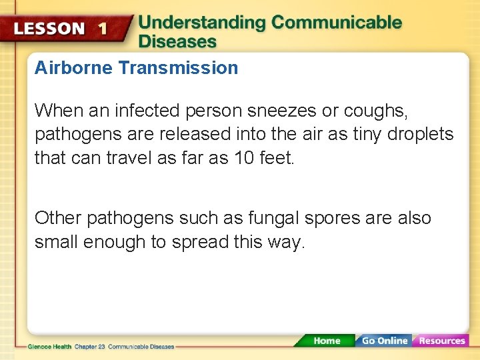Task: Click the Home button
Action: click(326, 341)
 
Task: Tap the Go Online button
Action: click(384, 341)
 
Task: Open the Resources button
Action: click(441, 341)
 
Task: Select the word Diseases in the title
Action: click(177, 41)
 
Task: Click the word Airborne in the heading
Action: click(74, 68)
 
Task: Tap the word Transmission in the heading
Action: click(178, 68)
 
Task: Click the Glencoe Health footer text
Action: click(50, 347)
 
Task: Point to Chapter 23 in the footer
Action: click(89, 347)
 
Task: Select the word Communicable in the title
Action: click(337, 23)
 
